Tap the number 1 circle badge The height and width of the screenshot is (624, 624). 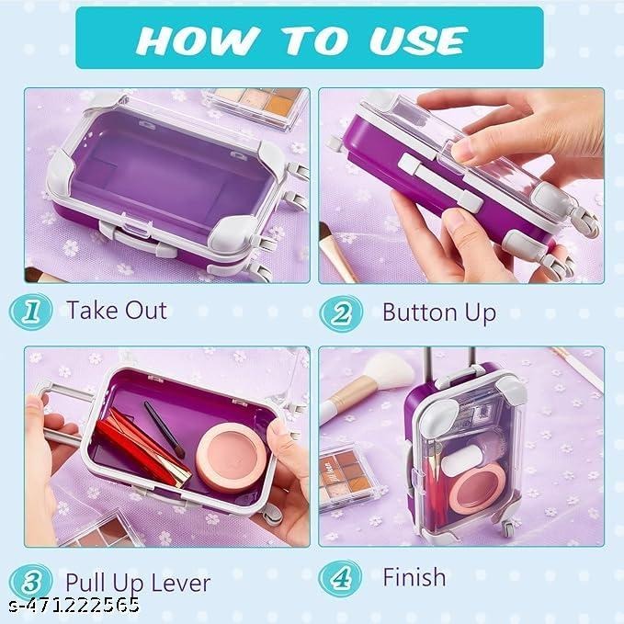31,310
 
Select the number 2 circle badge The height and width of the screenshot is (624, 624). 342,312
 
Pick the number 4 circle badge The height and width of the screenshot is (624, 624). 341,578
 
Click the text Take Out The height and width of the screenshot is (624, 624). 116,310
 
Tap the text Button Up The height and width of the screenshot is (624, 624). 438,312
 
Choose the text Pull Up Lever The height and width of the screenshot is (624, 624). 137,582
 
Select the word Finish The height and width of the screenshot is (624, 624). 414,577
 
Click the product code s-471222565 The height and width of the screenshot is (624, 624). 71,606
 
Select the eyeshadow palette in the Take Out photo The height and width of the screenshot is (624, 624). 255,106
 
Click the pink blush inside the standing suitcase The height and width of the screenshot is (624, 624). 476,487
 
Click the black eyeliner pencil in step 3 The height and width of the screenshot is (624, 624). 165,429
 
